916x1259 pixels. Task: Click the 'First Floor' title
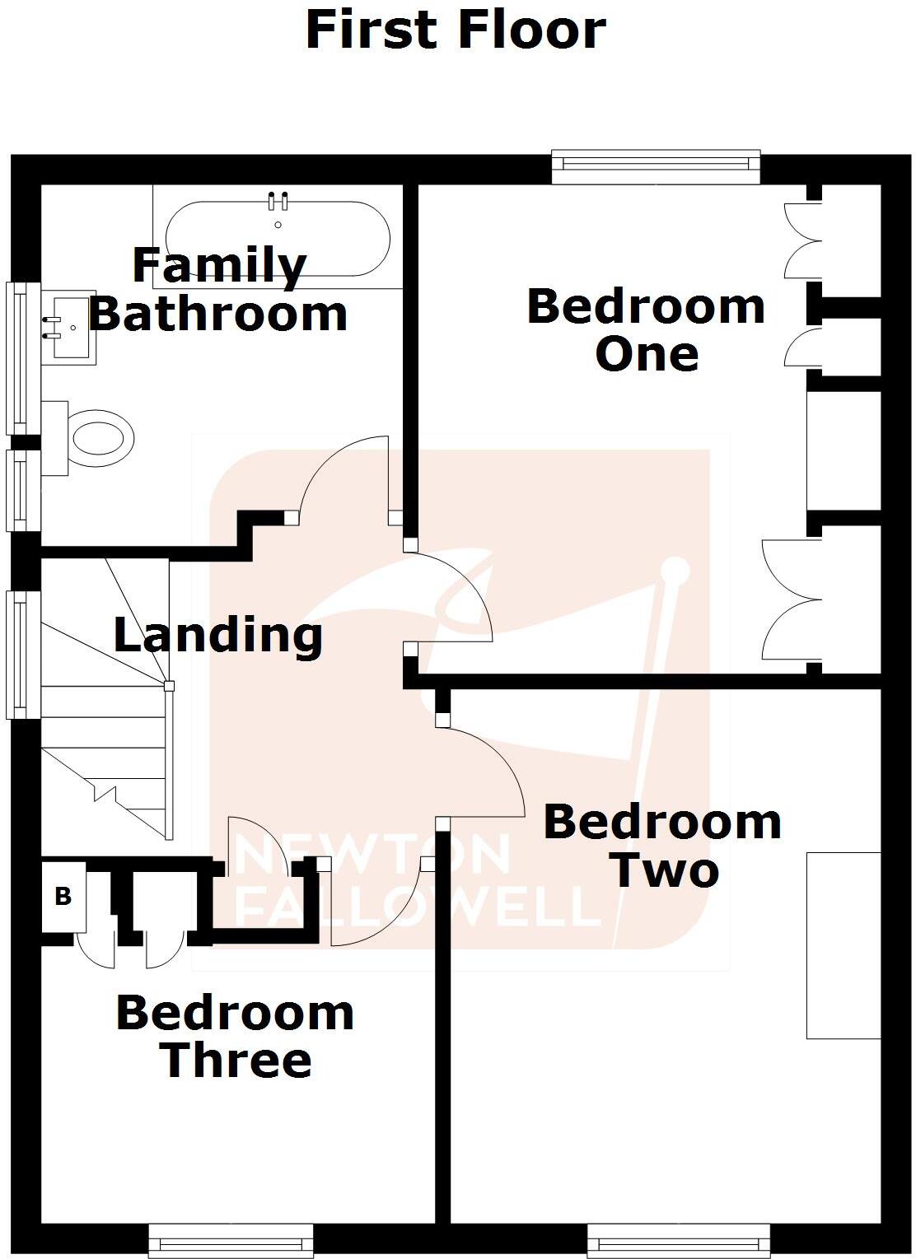(x=456, y=30)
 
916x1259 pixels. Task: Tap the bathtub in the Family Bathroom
(x=278, y=238)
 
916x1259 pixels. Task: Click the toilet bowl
(x=100, y=438)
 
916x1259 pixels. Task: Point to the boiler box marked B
(x=63, y=896)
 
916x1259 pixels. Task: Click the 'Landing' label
(x=217, y=636)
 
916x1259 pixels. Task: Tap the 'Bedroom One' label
(x=647, y=329)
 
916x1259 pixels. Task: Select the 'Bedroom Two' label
(x=662, y=846)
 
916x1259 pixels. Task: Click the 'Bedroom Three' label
(x=236, y=1036)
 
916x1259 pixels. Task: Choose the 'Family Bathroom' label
(x=218, y=290)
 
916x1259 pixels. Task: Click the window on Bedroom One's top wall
(x=655, y=167)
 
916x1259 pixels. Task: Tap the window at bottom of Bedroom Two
(x=679, y=1240)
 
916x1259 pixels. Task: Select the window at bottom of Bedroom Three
(x=231, y=1240)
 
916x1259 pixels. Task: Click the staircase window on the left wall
(x=23, y=655)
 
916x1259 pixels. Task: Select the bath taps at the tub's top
(x=278, y=201)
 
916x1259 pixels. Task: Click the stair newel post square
(x=169, y=686)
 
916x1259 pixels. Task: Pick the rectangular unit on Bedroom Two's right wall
(x=843, y=944)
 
